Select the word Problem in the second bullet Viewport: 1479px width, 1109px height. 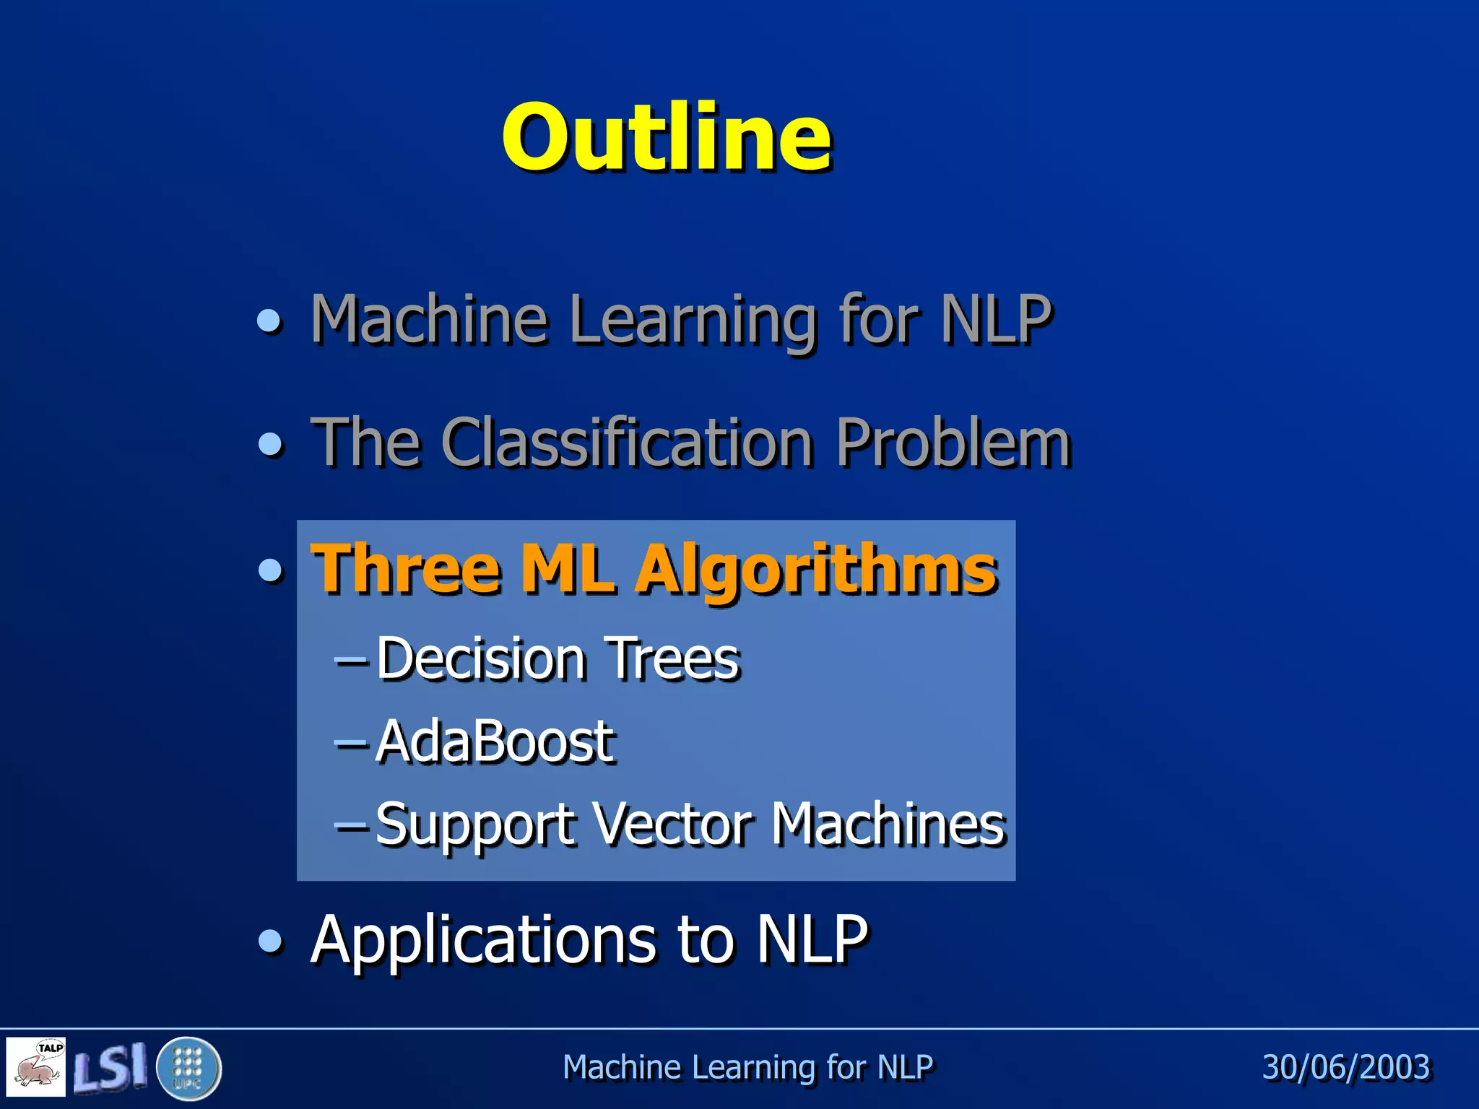[953, 443]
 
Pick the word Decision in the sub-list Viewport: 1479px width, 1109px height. [481, 658]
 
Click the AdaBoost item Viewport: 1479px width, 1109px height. [495, 741]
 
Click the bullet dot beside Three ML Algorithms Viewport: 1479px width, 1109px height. [271, 570]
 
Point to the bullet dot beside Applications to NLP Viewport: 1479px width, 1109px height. [271, 941]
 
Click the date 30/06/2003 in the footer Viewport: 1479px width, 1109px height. [1345, 1067]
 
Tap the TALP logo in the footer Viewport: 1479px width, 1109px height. [36, 1066]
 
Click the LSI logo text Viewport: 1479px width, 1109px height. [110, 1066]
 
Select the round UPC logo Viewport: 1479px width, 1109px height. [188, 1068]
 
